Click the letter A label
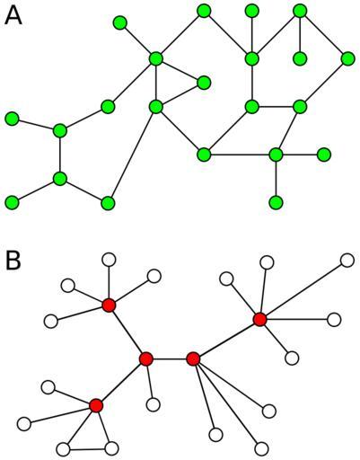pyautogui.click(x=13, y=15)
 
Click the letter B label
pyautogui.click(x=13, y=260)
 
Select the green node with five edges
pyautogui.click(x=156, y=58)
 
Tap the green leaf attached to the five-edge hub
pyautogui.click(x=120, y=22)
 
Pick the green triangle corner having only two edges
pyautogui.click(x=204, y=83)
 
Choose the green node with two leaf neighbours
pyautogui.click(x=276, y=155)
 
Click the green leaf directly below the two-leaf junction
pyautogui.click(x=276, y=202)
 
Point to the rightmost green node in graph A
pyautogui.click(x=347, y=58)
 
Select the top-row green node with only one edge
pyautogui.click(x=251, y=11)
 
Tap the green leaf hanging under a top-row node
pyautogui.click(x=300, y=58)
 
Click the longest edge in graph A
pyautogui.click(x=132, y=155)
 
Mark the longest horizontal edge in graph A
pyautogui.click(x=240, y=155)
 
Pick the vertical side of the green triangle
pyautogui.click(x=156, y=83)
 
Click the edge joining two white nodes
pyautogui.click(x=87, y=449)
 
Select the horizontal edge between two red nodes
pyautogui.click(x=170, y=358)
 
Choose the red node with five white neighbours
pyautogui.click(x=259, y=319)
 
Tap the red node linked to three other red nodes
pyautogui.click(x=146, y=358)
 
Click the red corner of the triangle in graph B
pyautogui.click(x=96, y=405)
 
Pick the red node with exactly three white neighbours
pyautogui.click(x=193, y=358)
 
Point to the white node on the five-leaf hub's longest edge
pyautogui.click(x=347, y=261)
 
